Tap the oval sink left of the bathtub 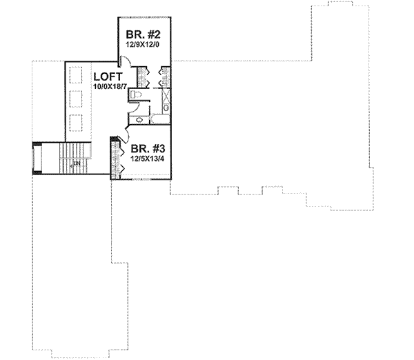[x=139, y=121]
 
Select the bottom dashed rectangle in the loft [x=75, y=123]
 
